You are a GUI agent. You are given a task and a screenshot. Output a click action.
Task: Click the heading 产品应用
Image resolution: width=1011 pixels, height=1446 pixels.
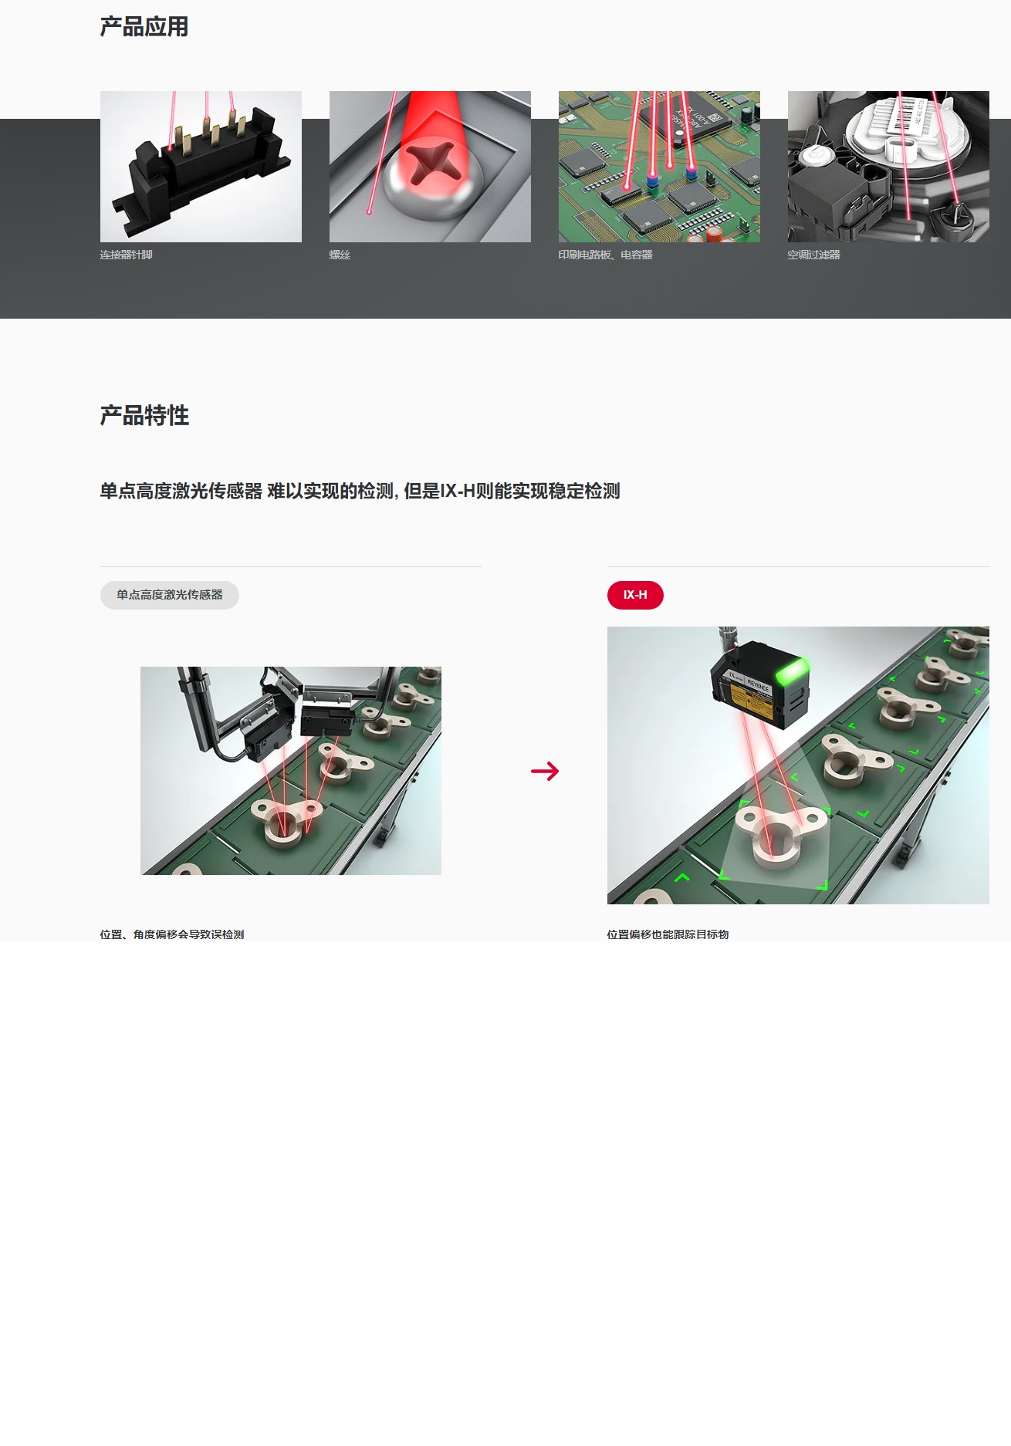tap(144, 27)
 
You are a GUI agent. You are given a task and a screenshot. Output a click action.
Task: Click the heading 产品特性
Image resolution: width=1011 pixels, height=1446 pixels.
tap(144, 416)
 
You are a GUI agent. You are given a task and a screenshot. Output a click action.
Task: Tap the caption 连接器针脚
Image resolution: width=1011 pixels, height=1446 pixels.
tap(126, 255)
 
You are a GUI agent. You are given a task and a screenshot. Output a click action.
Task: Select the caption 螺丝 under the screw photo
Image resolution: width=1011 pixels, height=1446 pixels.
tap(340, 255)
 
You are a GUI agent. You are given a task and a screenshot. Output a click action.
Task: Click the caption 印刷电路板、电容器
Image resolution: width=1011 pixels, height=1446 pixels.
tap(605, 255)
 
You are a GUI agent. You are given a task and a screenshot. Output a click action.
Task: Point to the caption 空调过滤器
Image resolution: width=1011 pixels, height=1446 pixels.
tap(813, 255)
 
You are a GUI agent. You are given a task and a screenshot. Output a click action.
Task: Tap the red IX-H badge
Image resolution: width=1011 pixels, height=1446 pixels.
tap(635, 595)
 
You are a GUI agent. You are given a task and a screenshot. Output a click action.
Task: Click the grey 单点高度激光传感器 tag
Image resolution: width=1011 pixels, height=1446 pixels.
tap(169, 595)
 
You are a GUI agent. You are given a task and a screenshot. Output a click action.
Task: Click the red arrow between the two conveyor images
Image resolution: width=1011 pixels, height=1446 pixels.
tap(545, 771)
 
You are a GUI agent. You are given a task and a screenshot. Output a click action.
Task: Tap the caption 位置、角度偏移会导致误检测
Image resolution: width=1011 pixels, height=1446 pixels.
tap(172, 934)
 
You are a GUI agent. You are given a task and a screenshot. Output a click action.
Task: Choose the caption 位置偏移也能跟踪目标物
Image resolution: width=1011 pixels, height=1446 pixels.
tap(668, 934)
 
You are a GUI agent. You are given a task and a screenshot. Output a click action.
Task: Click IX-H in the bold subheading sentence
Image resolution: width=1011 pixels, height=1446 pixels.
tap(457, 492)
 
